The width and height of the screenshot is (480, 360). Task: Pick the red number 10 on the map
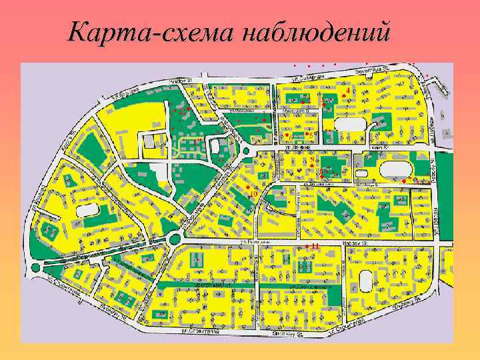[253, 194]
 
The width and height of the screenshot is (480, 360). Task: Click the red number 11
[315, 246]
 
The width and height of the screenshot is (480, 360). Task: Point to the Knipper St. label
[181, 79]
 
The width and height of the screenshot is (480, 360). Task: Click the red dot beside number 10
[247, 189]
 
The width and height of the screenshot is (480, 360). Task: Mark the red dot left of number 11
[307, 246]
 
